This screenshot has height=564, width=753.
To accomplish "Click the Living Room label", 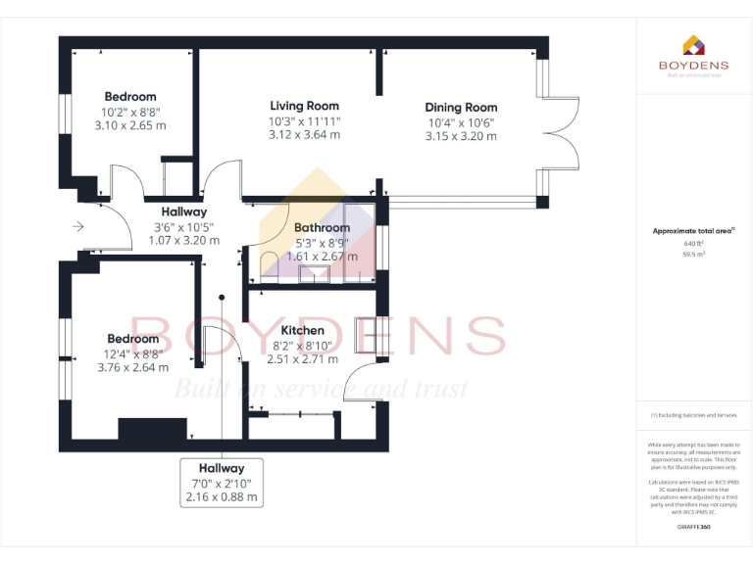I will (x=304, y=106).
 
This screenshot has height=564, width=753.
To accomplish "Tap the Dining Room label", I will (x=461, y=108).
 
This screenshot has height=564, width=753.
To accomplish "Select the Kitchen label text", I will (x=302, y=331).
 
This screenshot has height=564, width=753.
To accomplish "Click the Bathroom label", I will (x=323, y=228).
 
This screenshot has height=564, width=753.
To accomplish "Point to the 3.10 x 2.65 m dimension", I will (x=130, y=125).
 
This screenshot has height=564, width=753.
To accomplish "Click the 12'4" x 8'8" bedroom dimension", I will (x=132, y=353).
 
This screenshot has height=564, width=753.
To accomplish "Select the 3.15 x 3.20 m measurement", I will (x=461, y=136).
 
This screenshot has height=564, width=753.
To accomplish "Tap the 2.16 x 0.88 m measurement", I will (x=222, y=497).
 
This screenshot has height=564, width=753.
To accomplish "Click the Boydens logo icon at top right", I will (x=692, y=46).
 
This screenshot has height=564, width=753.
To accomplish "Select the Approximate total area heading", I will (x=692, y=231).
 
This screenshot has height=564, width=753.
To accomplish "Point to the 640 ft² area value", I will (x=693, y=243).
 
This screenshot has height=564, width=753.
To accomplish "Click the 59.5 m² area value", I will (x=693, y=254).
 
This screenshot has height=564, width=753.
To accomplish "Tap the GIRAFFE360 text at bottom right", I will (x=693, y=527).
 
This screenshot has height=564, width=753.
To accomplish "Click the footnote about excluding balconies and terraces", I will (x=693, y=415).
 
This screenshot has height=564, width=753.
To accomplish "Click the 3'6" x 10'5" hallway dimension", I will (x=183, y=226).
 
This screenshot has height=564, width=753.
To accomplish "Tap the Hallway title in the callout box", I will (x=222, y=468).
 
